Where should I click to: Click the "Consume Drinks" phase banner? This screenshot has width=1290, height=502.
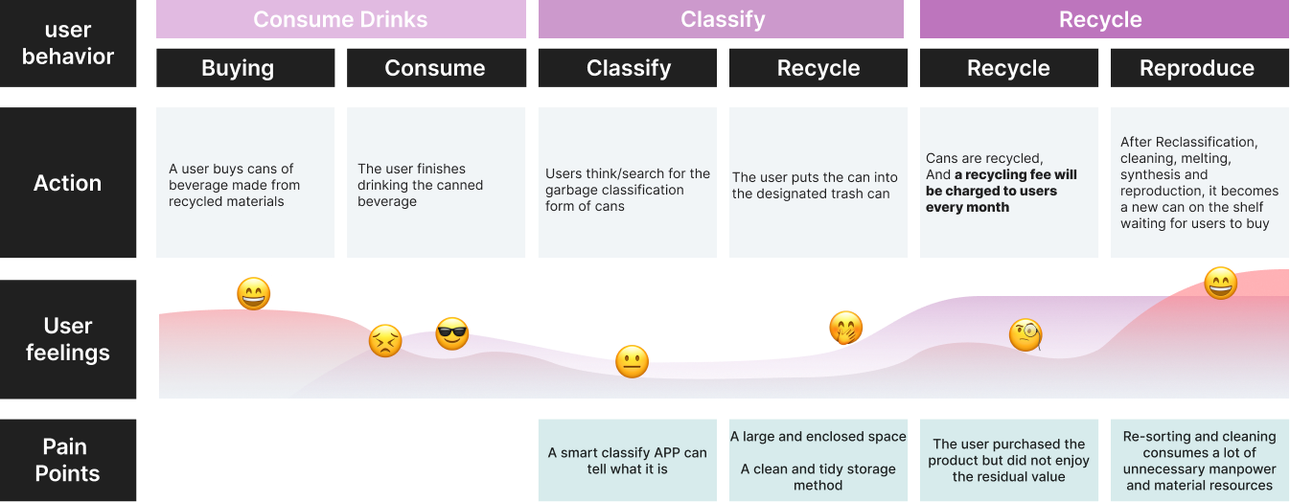pos(340,19)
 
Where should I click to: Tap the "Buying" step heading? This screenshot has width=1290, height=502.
pos(238,68)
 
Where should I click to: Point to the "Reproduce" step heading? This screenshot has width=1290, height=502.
pos(1196,68)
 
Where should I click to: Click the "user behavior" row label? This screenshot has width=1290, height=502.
pos(68,44)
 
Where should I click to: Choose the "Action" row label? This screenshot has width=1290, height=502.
pos(68,183)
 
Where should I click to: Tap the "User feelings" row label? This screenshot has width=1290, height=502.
pos(68,339)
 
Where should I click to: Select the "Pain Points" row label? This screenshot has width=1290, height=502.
pos(68,460)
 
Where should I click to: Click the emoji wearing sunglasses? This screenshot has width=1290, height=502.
pos(452,333)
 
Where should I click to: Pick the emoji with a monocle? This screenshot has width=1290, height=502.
pos(1025,334)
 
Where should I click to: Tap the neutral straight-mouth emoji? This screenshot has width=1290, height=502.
pos(632,361)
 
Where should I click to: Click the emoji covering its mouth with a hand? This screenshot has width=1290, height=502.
pos(845,329)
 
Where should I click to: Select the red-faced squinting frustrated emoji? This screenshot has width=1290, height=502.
pos(385,341)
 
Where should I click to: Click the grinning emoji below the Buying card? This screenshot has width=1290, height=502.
pos(254,294)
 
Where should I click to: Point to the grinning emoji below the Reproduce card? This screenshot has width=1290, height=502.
pos(1220,283)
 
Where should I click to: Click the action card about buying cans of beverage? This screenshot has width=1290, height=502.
pos(245,183)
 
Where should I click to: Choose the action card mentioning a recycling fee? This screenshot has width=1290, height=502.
pos(1009,183)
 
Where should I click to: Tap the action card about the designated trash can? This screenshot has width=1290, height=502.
pos(818,183)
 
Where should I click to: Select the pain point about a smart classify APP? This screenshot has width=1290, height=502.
pos(627,460)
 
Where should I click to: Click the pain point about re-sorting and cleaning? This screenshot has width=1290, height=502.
pos(1199,460)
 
